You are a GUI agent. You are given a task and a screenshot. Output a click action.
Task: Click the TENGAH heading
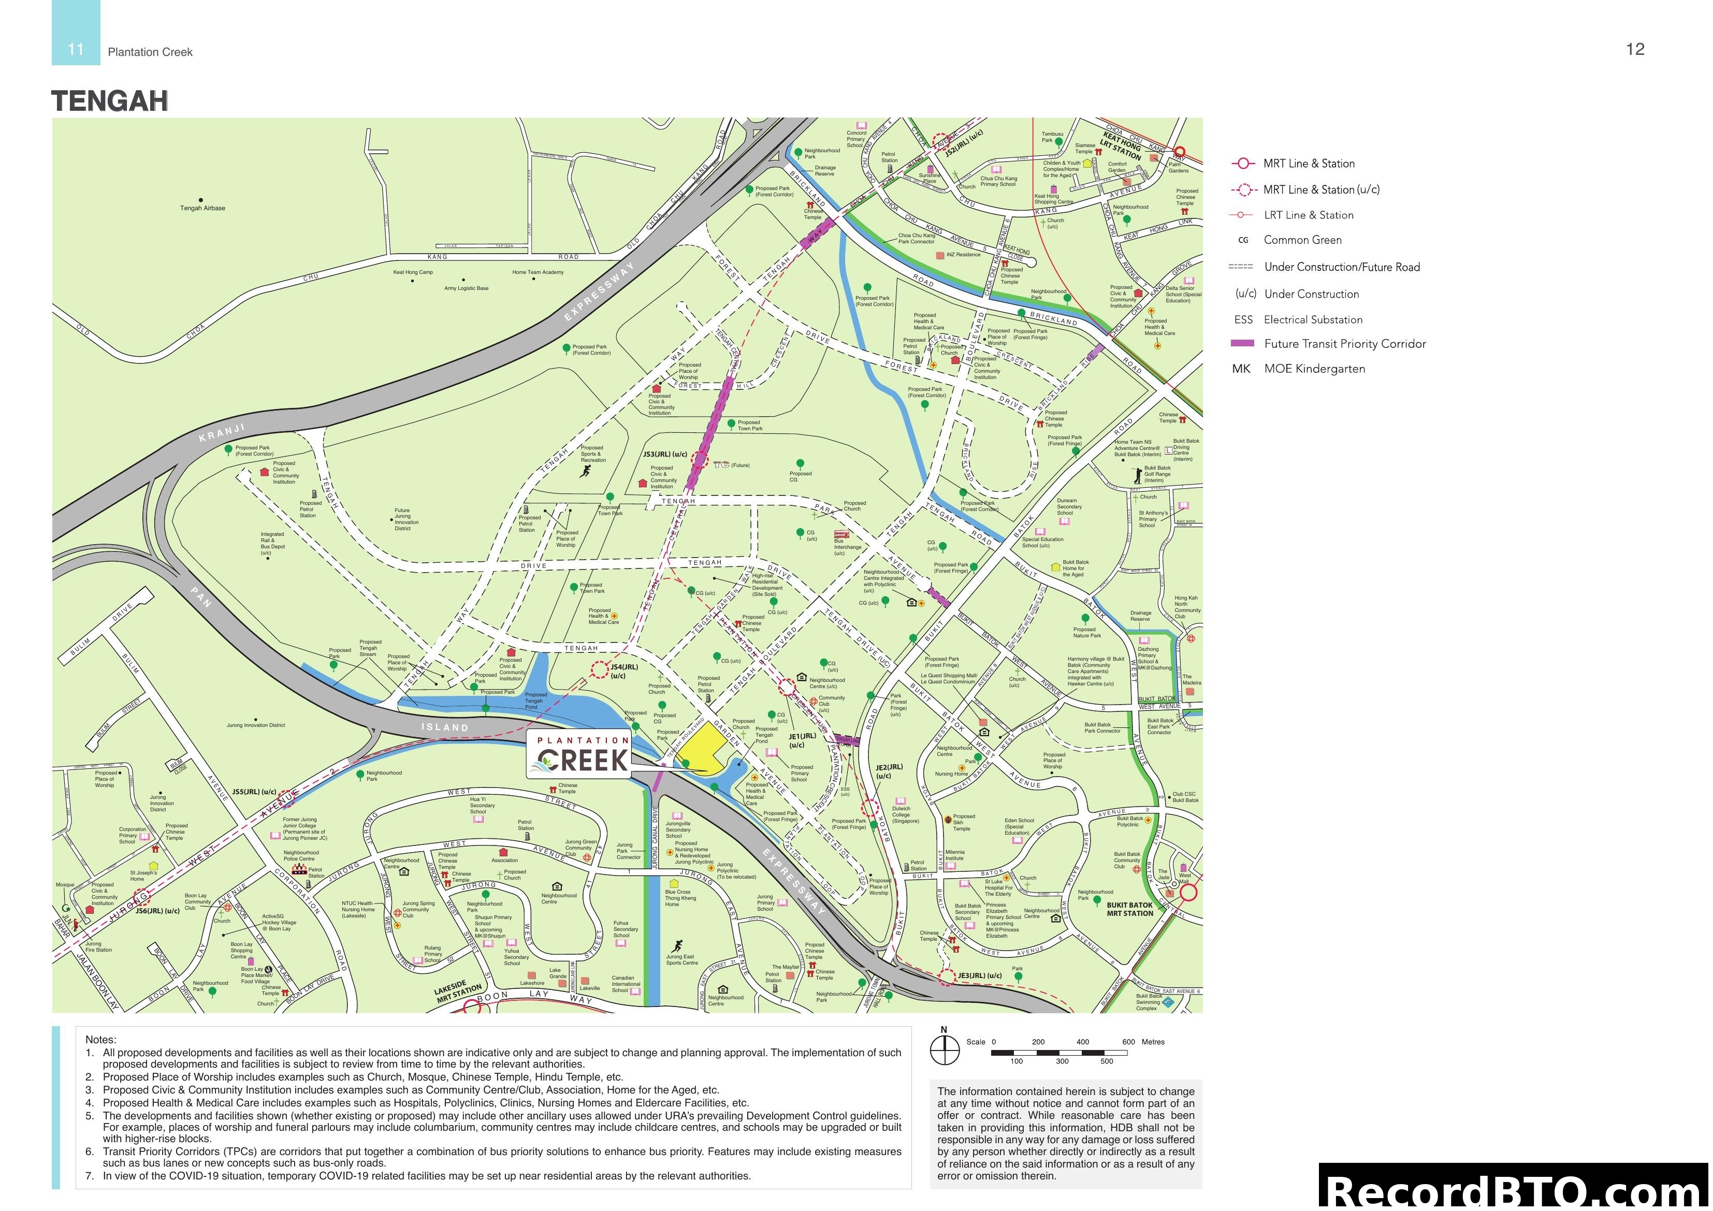coord(110,101)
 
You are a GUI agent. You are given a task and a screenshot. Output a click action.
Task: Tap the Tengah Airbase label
coord(202,208)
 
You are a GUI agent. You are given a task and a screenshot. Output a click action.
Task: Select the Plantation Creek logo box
coord(579,754)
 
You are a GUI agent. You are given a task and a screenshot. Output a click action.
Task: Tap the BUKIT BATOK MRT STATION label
coord(1129,909)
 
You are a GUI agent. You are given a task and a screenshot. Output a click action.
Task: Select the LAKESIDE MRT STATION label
coord(459,991)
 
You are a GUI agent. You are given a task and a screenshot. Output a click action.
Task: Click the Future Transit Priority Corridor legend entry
coord(1344,344)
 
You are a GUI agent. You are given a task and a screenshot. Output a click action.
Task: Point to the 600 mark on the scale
coord(1128,1042)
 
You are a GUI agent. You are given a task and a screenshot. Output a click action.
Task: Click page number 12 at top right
coord(1635,49)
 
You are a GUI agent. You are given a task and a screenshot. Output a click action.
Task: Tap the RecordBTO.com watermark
coord(1515,1190)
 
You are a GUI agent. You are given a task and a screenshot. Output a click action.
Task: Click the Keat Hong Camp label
coord(413,272)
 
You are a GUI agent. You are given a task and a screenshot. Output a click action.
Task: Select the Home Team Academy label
coord(538,272)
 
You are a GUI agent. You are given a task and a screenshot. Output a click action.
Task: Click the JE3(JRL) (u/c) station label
coord(980,975)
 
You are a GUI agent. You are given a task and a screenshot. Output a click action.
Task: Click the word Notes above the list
coord(101,1040)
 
